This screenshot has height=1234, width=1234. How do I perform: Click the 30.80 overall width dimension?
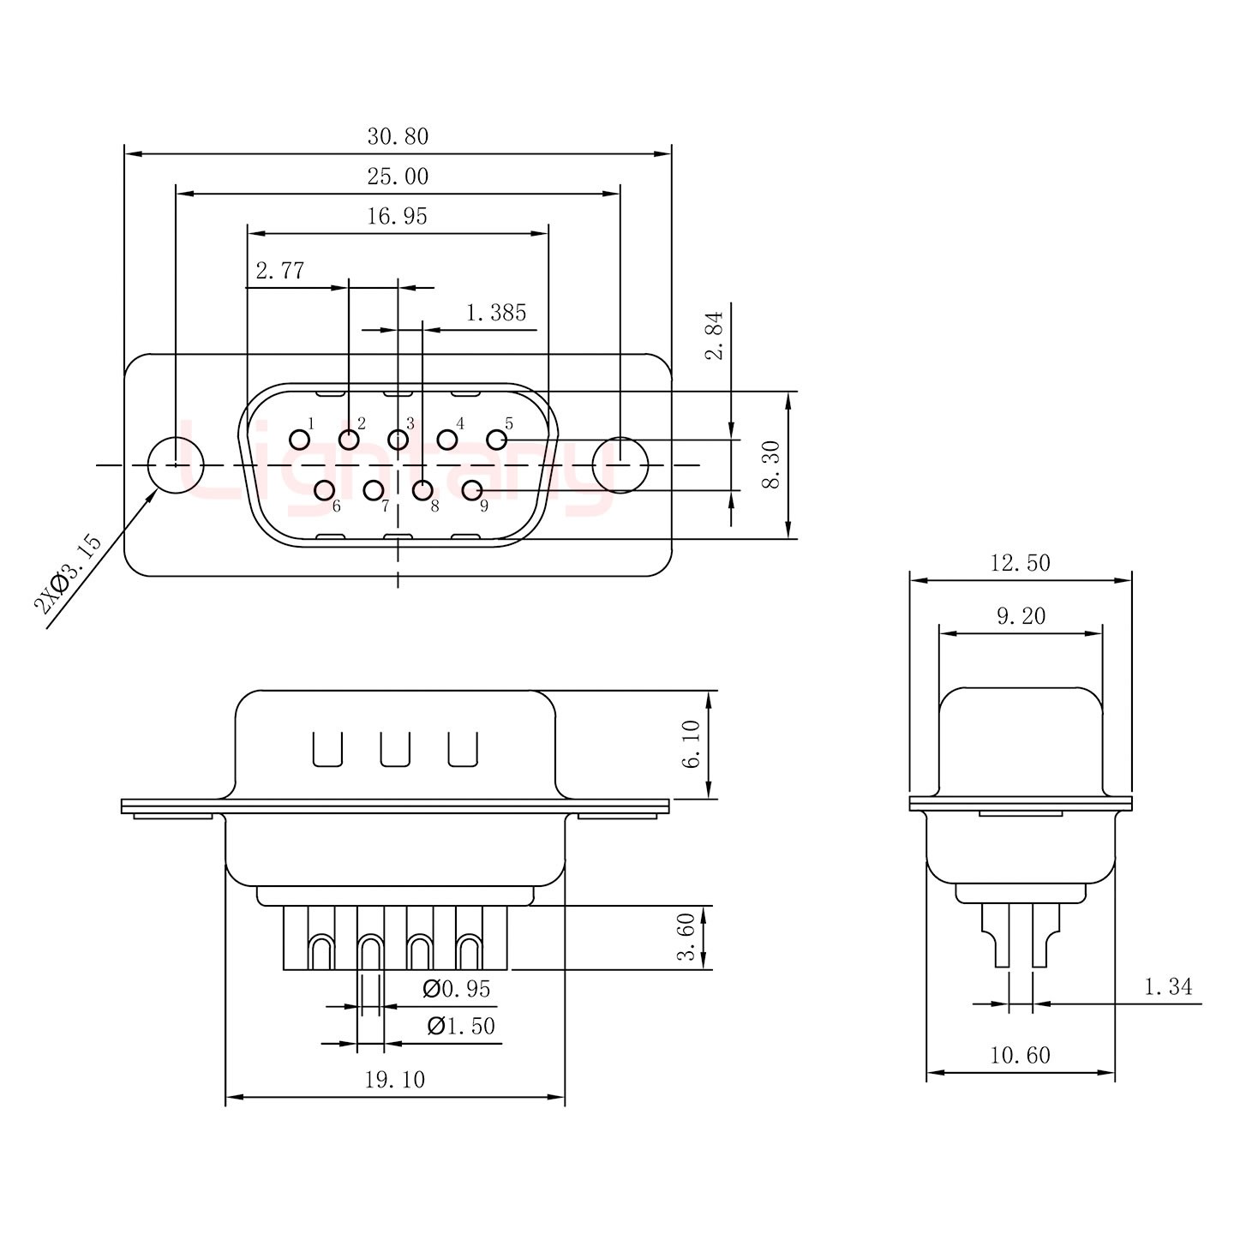(398, 136)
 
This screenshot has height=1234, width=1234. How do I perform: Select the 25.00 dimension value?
(398, 177)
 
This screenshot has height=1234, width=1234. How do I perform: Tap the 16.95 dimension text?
(397, 216)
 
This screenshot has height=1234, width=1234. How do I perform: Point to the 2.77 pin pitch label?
(280, 271)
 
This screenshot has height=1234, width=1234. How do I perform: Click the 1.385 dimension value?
(496, 313)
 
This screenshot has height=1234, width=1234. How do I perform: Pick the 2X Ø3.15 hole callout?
(68, 575)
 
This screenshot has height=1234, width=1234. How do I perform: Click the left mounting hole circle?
(176, 465)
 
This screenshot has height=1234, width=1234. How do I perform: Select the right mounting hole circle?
(620, 465)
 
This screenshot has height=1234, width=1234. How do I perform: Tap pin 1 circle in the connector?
(299, 440)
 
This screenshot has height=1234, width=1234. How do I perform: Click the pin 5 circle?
(497, 440)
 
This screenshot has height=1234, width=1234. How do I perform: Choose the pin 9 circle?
(472, 490)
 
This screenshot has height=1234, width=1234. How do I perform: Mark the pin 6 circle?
(324, 490)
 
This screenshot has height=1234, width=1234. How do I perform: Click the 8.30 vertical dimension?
(771, 464)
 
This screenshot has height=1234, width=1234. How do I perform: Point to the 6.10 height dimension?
(692, 744)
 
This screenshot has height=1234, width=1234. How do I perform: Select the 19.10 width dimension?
(395, 1080)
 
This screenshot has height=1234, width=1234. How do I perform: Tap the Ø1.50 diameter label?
(461, 1026)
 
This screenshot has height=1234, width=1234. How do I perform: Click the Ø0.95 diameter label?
(458, 990)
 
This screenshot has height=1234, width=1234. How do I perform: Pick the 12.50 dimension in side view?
(1020, 563)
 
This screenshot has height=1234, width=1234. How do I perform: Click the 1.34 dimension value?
(1168, 987)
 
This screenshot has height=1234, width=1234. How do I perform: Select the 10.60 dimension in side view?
(1020, 1055)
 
